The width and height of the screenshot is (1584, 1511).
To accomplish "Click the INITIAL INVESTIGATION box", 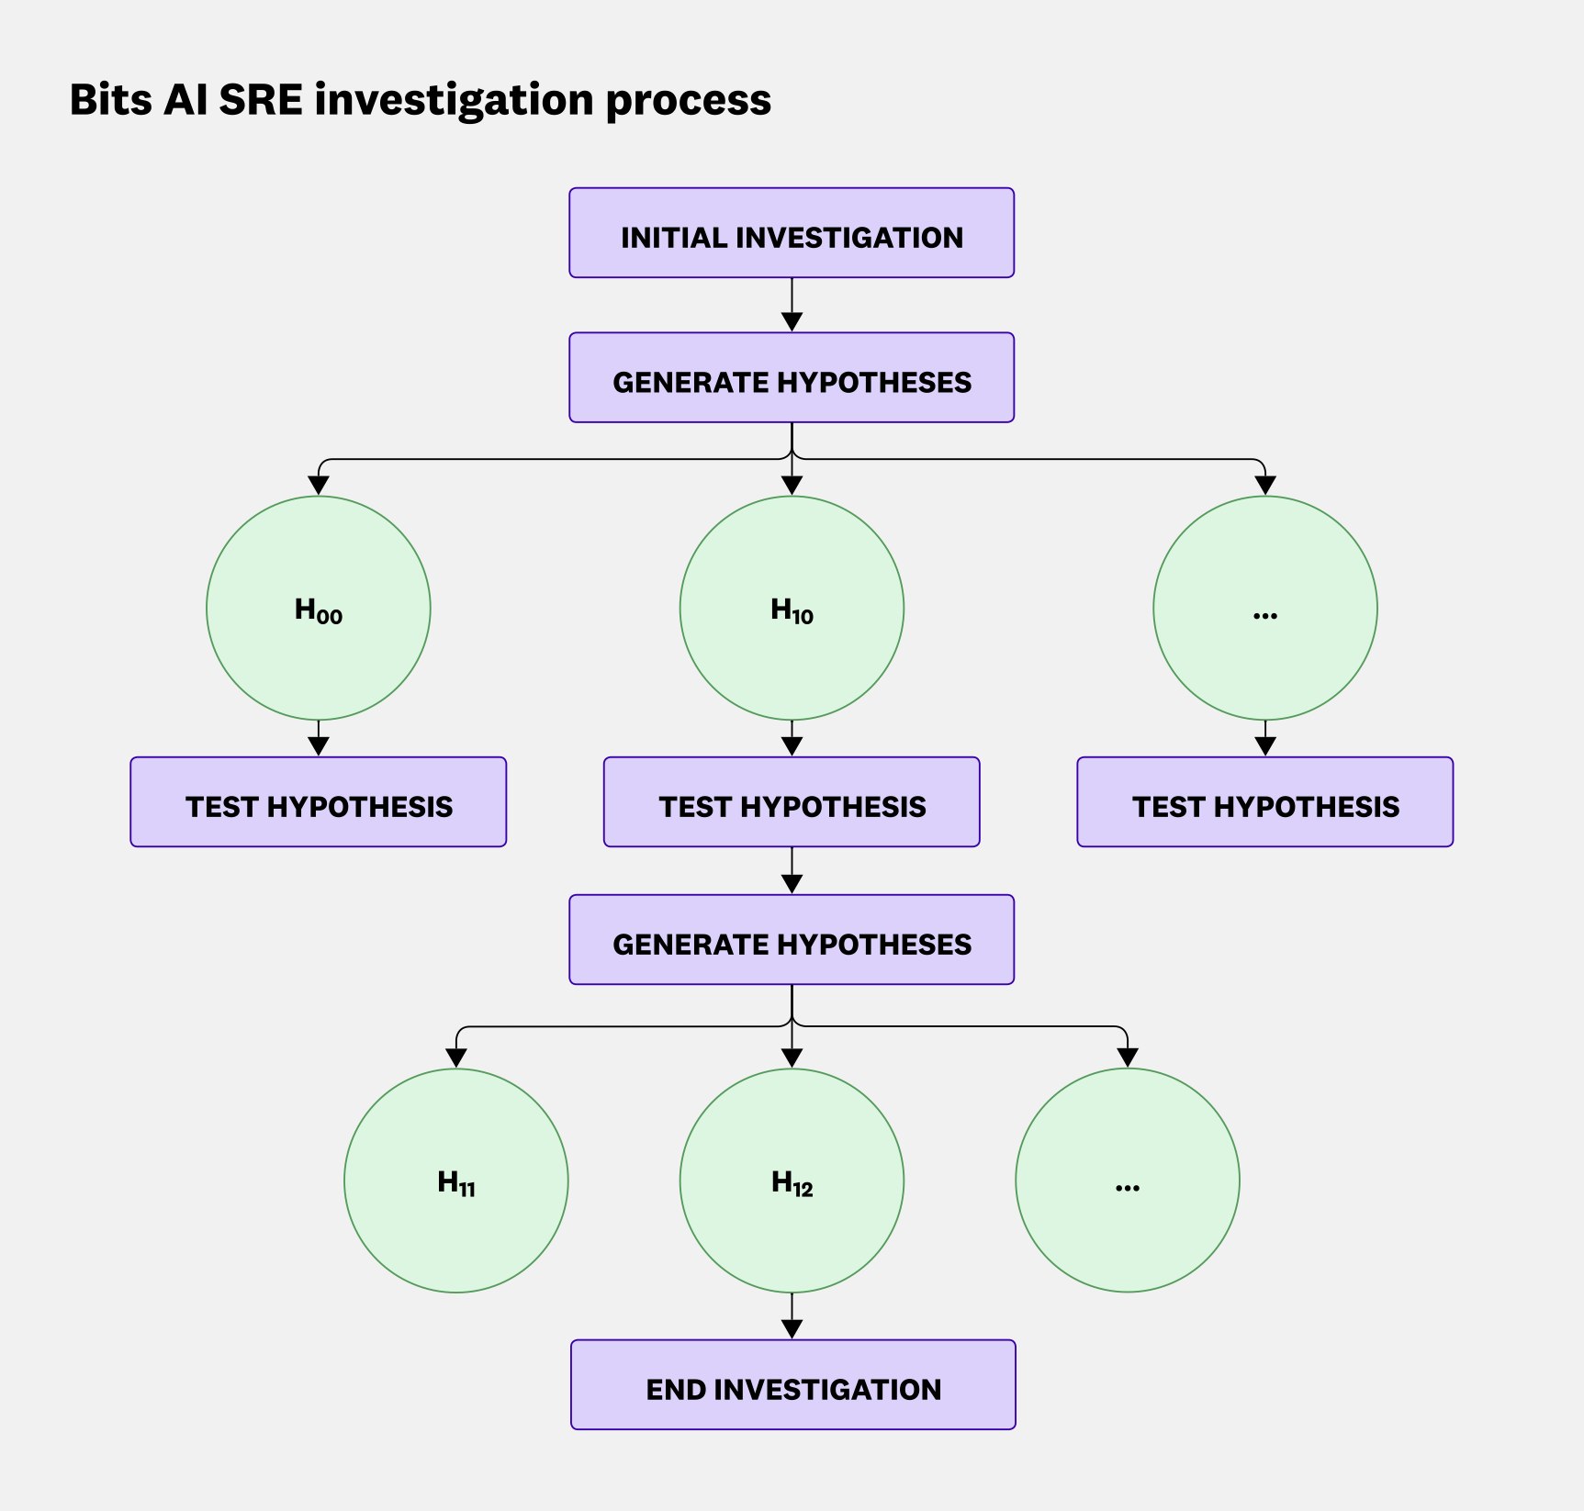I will click(792, 233).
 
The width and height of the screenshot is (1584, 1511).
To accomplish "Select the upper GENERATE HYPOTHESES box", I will click(792, 377).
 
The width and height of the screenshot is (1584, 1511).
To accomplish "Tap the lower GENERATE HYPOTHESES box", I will click(792, 940).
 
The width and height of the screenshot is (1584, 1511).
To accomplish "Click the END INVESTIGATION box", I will click(792, 1384).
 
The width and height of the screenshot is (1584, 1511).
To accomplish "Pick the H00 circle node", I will click(319, 609).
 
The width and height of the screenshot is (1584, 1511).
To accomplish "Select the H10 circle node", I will click(792, 609).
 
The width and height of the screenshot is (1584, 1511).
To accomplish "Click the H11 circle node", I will click(456, 1181).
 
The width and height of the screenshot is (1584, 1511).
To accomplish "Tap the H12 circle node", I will click(792, 1181).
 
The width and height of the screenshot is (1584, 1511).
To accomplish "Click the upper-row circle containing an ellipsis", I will click(1265, 609).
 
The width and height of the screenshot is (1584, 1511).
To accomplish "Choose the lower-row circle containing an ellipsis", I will click(1128, 1181).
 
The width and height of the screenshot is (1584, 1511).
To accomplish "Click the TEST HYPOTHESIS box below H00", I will click(319, 802).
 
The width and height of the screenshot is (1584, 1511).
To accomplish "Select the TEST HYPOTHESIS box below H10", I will click(792, 802).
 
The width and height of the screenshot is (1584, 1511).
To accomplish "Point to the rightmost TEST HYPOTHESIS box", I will click(1265, 802).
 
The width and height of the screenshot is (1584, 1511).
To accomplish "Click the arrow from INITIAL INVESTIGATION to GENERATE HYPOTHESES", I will click(792, 305).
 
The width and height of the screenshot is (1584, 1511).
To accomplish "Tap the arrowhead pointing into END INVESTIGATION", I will click(792, 1328).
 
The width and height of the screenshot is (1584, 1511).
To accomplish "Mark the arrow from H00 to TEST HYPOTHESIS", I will click(319, 738).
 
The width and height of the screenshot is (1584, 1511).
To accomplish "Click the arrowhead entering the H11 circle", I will click(456, 1058).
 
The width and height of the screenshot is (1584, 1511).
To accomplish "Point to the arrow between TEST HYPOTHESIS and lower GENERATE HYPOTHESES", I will click(792, 870).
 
